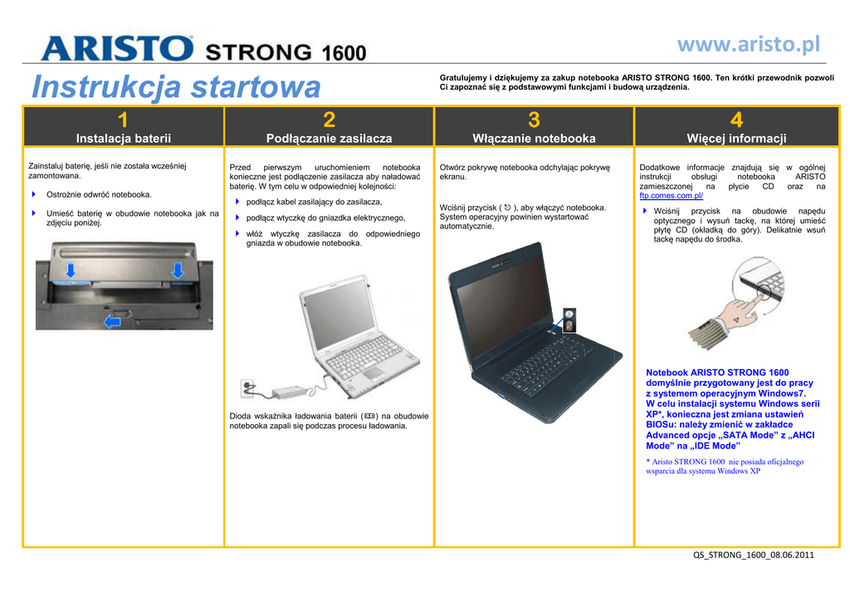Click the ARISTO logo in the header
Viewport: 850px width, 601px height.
(116, 48)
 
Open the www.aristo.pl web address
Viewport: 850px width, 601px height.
(749, 45)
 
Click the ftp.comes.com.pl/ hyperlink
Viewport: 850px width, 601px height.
(671, 196)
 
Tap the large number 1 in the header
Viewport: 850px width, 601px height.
(123, 120)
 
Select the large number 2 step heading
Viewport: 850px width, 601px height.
(329, 120)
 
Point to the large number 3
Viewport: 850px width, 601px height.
(534, 120)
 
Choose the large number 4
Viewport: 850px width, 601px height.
(736, 120)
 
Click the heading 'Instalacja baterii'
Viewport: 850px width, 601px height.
(124, 138)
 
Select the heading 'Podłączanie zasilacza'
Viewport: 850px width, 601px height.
(329, 138)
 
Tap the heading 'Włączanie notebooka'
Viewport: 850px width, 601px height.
(534, 138)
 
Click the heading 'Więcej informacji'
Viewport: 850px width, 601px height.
(737, 138)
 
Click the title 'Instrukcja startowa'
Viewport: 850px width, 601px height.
(176, 86)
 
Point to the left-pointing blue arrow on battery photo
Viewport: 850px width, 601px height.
(112, 322)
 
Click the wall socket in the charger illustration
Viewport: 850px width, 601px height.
(247, 388)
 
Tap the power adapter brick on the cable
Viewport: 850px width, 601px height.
(290, 391)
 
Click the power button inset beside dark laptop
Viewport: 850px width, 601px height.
(569, 320)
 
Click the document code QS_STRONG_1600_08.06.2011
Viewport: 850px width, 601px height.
(754, 555)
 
